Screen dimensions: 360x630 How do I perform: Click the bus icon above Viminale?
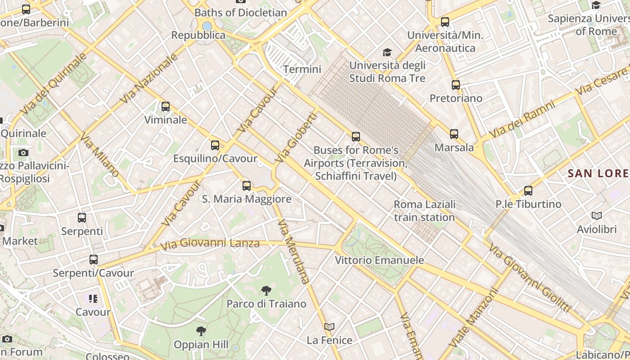pyautogui.click(x=166, y=107)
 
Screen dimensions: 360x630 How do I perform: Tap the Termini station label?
pyautogui.click(x=302, y=69)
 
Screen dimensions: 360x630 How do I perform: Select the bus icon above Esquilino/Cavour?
pyautogui.click(x=215, y=145)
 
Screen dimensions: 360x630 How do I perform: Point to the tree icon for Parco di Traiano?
pyautogui.click(x=266, y=291)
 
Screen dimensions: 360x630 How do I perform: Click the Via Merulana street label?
pyautogui.click(x=294, y=252)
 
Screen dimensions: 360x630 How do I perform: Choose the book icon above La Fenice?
pyautogui.click(x=329, y=327)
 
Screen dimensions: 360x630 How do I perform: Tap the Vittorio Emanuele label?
pyautogui.click(x=379, y=260)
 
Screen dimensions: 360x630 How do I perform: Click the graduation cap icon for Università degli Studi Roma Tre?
pyautogui.click(x=387, y=53)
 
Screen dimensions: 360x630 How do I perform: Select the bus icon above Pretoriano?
pyautogui.click(x=456, y=85)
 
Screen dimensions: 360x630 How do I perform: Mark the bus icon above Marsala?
pyautogui.click(x=454, y=134)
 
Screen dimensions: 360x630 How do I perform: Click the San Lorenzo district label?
pyautogui.click(x=598, y=173)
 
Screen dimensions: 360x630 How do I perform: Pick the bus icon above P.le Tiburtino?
pyautogui.click(x=528, y=191)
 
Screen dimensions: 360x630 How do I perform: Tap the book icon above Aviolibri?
pyautogui.click(x=597, y=216)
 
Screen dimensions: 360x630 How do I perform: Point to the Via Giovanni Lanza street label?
pyautogui.click(x=211, y=244)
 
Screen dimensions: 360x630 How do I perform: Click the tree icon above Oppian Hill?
pyautogui.click(x=201, y=332)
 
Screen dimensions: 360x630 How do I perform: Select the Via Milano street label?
pyautogui.click(x=101, y=154)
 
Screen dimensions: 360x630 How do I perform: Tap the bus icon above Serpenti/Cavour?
pyautogui.click(x=93, y=260)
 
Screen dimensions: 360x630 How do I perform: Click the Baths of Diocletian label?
pyautogui.click(x=241, y=13)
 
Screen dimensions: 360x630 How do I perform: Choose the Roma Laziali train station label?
pyautogui.click(x=424, y=211)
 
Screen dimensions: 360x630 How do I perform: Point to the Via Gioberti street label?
pyautogui.click(x=296, y=138)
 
